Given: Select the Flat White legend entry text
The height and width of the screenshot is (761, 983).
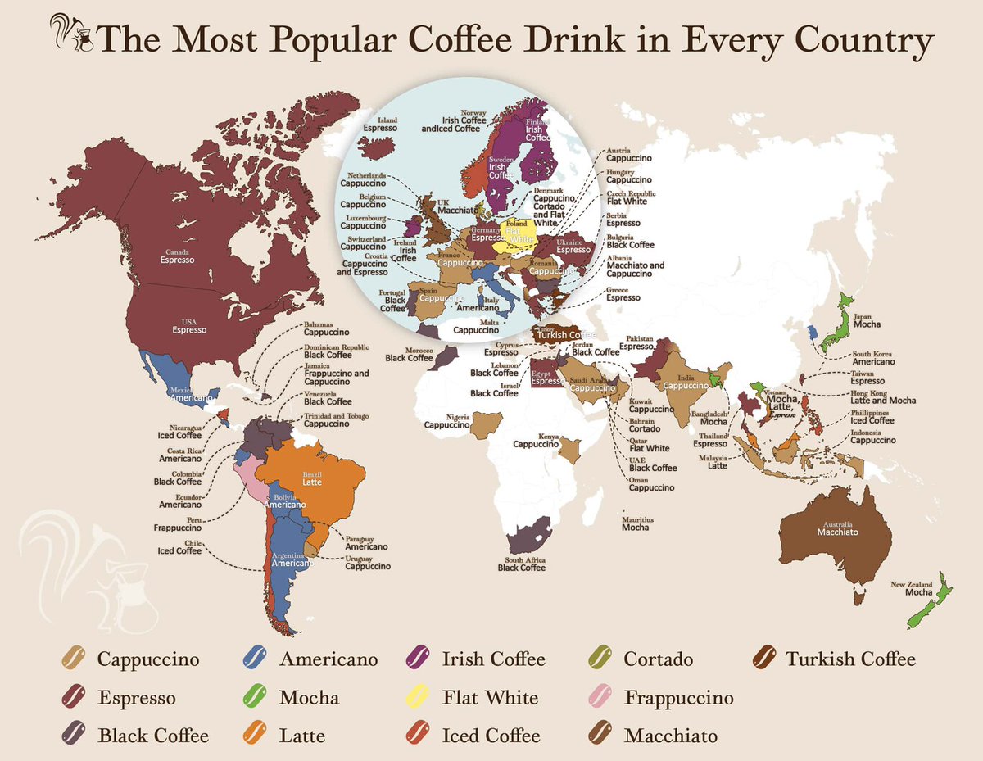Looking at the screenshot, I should click(x=489, y=698).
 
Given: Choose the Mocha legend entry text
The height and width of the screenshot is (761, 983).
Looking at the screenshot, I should click(x=308, y=698).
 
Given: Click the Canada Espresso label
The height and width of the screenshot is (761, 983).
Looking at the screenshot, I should click(x=178, y=255).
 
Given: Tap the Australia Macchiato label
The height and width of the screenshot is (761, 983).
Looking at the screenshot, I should click(x=837, y=528).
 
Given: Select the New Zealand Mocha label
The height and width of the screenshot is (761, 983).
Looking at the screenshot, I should click(x=911, y=588).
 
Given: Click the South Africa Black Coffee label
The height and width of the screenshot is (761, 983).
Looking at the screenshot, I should click(x=521, y=564).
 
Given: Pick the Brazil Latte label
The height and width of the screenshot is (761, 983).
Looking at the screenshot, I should click(x=311, y=479).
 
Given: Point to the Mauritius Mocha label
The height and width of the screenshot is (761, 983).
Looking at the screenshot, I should click(x=635, y=523).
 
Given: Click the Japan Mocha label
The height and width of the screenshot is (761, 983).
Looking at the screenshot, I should click(x=867, y=320).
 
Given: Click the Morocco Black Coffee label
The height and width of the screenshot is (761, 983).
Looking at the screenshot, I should click(x=410, y=353).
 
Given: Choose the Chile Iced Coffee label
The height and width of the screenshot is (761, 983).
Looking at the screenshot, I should click(x=179, y=546).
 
